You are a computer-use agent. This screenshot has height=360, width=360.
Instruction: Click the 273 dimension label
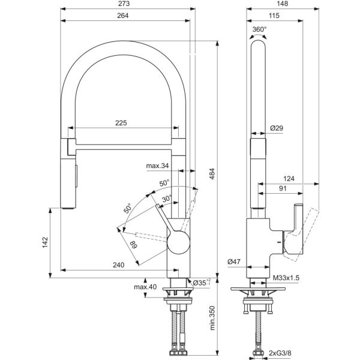tap(124, 4)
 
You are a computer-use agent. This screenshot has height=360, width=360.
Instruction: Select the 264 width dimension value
tap(123, 16)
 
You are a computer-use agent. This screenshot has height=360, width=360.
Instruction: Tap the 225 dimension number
tap(121, 123)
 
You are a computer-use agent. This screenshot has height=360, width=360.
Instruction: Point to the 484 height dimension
tap(212, 174)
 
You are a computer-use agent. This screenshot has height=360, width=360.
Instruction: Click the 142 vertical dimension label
tap(45, 242)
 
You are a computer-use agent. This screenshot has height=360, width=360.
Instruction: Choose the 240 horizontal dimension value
tap(118, 265)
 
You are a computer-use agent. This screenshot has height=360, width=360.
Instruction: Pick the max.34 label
tap(157, 166)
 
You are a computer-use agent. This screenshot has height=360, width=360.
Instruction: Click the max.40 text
tap(145, 287)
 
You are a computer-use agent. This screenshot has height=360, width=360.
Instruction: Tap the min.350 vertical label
tap(212, 318)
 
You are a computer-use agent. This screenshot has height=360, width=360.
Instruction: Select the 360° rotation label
tap(259, 29)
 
